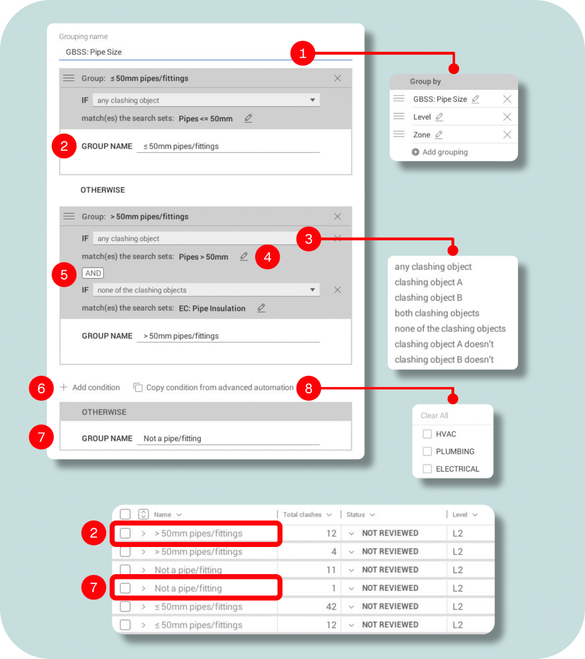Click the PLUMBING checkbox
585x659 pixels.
tap(427, 451)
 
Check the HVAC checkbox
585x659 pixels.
tap(427, 434)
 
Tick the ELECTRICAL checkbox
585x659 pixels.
tap(427, 469)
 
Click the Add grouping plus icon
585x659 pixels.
tap(415, 152)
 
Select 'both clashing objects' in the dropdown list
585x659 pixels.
tap(437, 313)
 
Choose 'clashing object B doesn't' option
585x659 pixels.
tap(444, 360)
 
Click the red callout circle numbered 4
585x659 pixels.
tap(267, 257)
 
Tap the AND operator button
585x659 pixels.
tap(93, 273)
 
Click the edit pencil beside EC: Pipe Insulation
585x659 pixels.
tap(261, 308)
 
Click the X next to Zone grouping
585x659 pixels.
tap(507, 135)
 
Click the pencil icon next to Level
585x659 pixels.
tap(440, 117)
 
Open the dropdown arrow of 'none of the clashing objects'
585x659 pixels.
tap(312, 290)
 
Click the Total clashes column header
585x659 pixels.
tap(302, 515)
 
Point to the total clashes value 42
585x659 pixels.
tap(331, 607)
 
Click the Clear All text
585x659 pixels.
tap(434, 416)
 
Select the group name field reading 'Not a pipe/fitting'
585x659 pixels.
tap(228, 439)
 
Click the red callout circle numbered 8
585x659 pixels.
tap(309, 388)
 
